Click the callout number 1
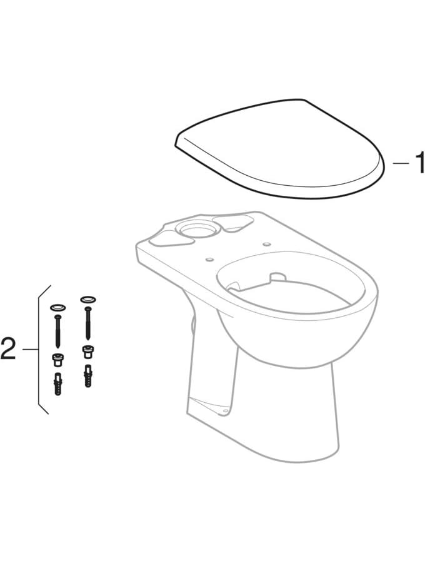pyautogui.click(x=418, y=162)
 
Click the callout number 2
pyautogui.click(x=8, y=349)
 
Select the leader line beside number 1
pyautogui.click(x=400, y=163)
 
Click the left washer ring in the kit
pyautogui.click(x=57, y=308)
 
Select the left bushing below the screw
pyautogui.click(x=57, y=358)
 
